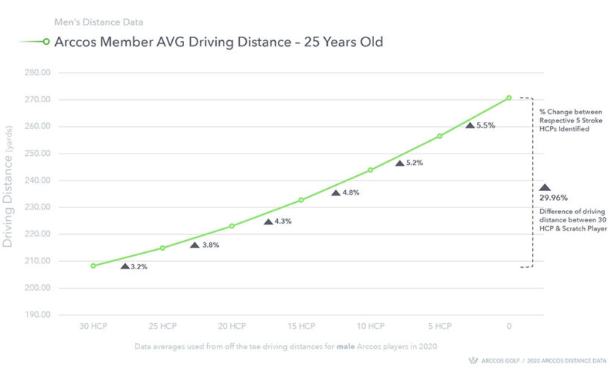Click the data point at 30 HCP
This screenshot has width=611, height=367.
(93, 266)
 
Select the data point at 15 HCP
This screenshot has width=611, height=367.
(301, 200)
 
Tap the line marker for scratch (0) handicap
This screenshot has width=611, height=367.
(509, 98)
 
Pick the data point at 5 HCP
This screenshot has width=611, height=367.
(440, 136)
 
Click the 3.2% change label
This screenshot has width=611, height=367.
(139, 266)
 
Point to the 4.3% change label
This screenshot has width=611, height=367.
(282, 222)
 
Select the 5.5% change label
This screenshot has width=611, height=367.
(485, 125)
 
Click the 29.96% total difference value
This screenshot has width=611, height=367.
(554, 198)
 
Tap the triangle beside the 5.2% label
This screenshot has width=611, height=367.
(399, 163)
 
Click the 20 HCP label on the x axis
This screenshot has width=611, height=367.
(232, 327)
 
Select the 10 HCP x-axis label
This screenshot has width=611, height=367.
(370, 327)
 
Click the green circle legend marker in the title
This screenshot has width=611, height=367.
(46, 43)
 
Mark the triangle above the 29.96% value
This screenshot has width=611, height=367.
(545, 188)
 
